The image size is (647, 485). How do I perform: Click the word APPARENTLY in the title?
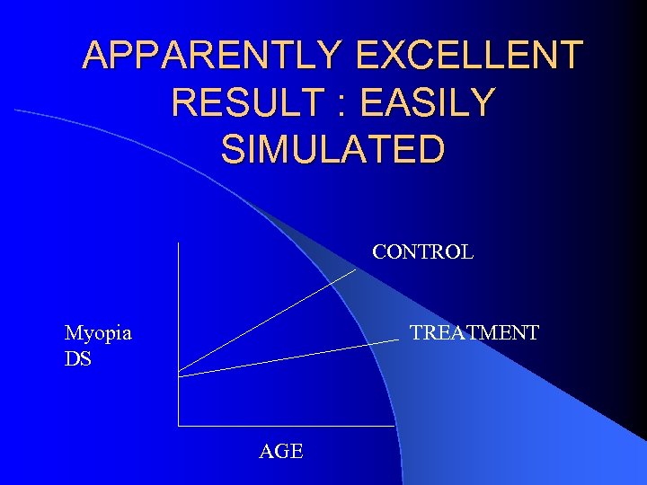click(x=211, y=56)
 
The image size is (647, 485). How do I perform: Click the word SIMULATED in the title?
click(x=332, y=149)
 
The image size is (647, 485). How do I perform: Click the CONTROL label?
click(x=422, y=252)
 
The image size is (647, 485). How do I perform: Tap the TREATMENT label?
click(x=474, y=333)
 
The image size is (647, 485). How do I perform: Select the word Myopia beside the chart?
click(x=98, y=333)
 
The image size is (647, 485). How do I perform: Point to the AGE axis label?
click(x=281, y=451)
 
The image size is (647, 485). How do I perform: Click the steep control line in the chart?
click(x=270, y=320)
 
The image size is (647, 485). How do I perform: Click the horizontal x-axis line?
click(x=288, y=425)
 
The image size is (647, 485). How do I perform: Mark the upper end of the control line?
click(x=355, y=270)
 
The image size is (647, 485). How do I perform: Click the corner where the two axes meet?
click(x=178, y=425)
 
